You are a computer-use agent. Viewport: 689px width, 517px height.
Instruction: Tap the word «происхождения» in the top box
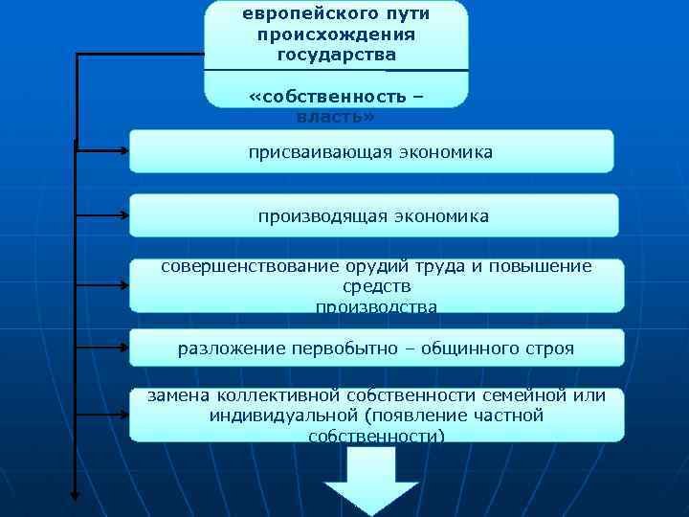335,34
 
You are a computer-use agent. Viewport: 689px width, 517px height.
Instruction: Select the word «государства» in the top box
336,55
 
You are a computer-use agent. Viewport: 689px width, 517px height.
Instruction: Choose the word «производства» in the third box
376,306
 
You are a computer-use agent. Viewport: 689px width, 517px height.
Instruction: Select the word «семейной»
521,396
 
